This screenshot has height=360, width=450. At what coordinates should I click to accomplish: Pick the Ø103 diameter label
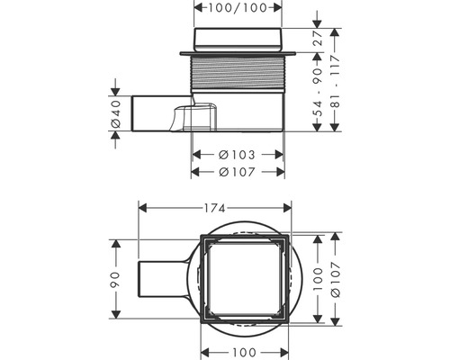pyautogui.click(x=238, y=154)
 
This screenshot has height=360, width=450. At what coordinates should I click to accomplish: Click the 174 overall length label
pyautogui.click(x=213, y=208)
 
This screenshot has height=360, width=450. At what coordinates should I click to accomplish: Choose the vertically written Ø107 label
pyautogui.click(x=335, y=281)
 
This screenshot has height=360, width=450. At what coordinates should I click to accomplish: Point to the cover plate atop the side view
pyautogui.click(x=238, y=39)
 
